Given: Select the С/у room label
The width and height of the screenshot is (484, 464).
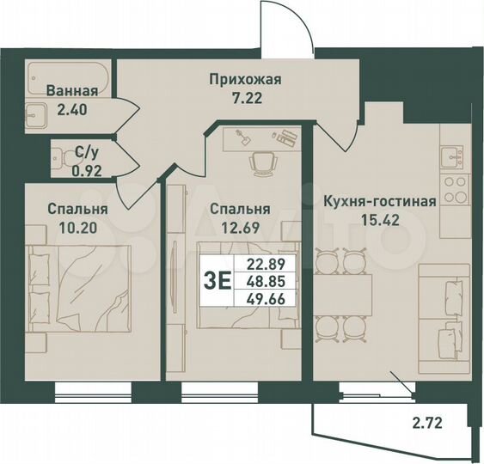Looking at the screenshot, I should pos(85,152).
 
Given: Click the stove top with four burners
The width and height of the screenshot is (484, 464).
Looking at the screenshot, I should pos(452,187).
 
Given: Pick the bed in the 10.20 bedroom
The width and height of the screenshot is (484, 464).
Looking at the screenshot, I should pos(78,287).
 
